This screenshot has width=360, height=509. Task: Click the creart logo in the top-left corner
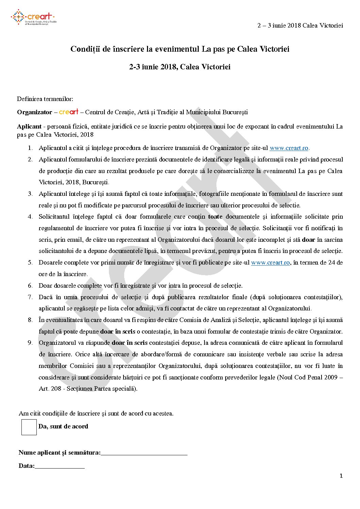click(x=33, y=17)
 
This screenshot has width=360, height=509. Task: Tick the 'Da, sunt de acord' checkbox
click(x=29, y=427)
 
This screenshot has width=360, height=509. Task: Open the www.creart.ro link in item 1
click(x=289, y=148)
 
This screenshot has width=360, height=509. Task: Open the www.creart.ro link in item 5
click(x=270, y=262)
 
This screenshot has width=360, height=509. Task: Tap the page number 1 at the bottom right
click(x=341, y=476)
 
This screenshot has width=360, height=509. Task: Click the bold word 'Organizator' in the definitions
click(x=34, y=112)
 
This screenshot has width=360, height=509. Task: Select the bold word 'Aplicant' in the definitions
click(x=29, y=126)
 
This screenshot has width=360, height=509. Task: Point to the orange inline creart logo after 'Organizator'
click(x=69, y=112)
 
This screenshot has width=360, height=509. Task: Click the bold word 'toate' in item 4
click(x=215, y=217)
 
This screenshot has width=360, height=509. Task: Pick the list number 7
click(x=30, y=297)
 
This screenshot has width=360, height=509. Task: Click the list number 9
click(x=30, y=343)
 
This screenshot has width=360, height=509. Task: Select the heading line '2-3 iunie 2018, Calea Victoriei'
click(x=180, y=67)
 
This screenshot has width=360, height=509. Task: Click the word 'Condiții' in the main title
click(x=84, y=49)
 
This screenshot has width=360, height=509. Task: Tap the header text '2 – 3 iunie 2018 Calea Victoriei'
click(x=300, y=26)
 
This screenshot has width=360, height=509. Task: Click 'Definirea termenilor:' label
click(x=45, y=99)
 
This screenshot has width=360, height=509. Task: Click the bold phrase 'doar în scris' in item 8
click(x=117, y=332)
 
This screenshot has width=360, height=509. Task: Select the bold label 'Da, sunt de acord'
click(x=63, y=426)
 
